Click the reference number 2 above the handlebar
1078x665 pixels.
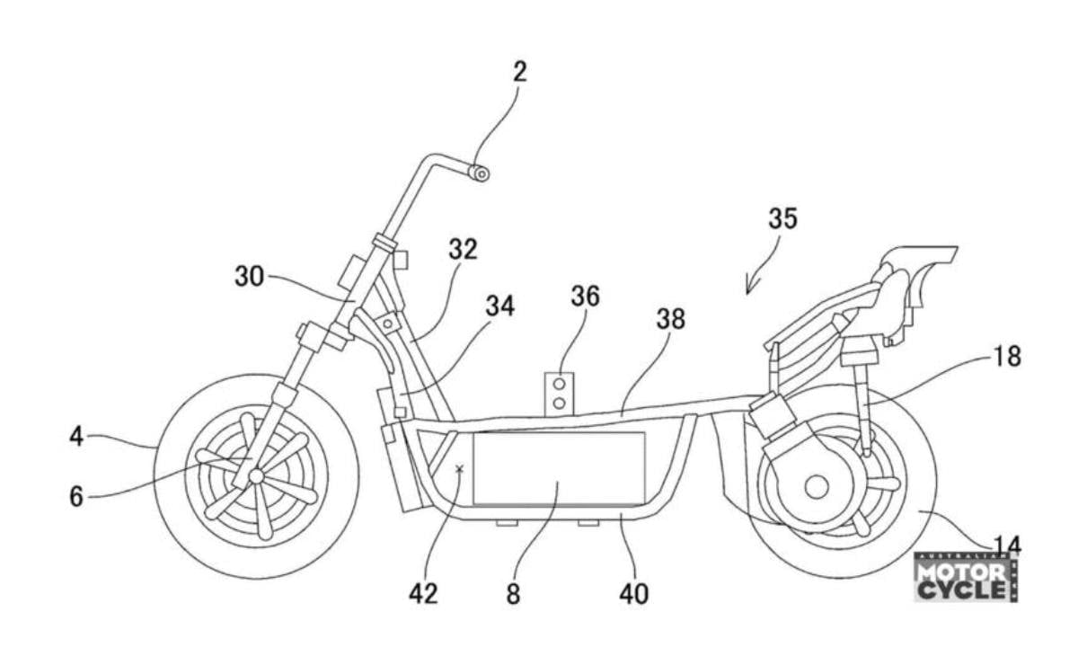(518, 73)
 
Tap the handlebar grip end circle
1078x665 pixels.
(482, 173)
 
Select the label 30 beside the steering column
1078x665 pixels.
(250, 276)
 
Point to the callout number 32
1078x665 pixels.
(464, 249)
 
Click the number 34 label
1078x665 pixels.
(499, 306)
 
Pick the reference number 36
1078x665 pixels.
(585, 296)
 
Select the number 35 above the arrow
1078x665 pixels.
(782, 218)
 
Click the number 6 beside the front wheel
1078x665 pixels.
(77, 494)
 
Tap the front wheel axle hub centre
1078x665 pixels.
(257, 474)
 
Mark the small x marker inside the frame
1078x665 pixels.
(460, 469)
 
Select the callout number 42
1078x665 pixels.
(422, 593)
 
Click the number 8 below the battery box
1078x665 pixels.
(512, 595)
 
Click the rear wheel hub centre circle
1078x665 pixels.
(816, 487)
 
